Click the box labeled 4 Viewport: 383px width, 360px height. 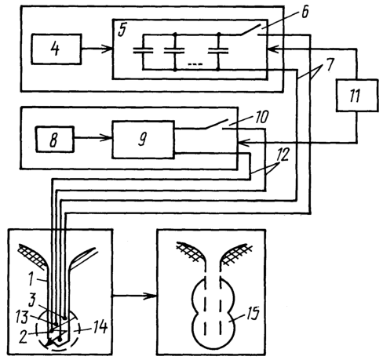[x=56, y=49]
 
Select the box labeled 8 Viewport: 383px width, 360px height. [x=55, y=139]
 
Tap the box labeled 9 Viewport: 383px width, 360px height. [x=143, y=140]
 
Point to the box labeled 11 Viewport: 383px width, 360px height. [x=357, y=96]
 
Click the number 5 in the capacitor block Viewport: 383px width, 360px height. [x=122, y=30]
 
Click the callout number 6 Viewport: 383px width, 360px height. [x=305, y=13]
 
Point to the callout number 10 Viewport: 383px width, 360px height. [x=261, y=117]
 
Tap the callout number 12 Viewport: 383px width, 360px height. [x=283, y=155]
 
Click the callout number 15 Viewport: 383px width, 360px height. [x=253, y=313]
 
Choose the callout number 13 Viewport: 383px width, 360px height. [x=22, y=317]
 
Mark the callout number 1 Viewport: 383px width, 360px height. [x=31, y=278]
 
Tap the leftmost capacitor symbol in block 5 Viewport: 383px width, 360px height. [x=143, y=50]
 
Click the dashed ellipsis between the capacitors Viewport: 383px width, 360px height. [x=195, y=64]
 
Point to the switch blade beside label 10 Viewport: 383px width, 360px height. [x=216, y=124]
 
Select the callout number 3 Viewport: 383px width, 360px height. [x=32, y=300]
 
